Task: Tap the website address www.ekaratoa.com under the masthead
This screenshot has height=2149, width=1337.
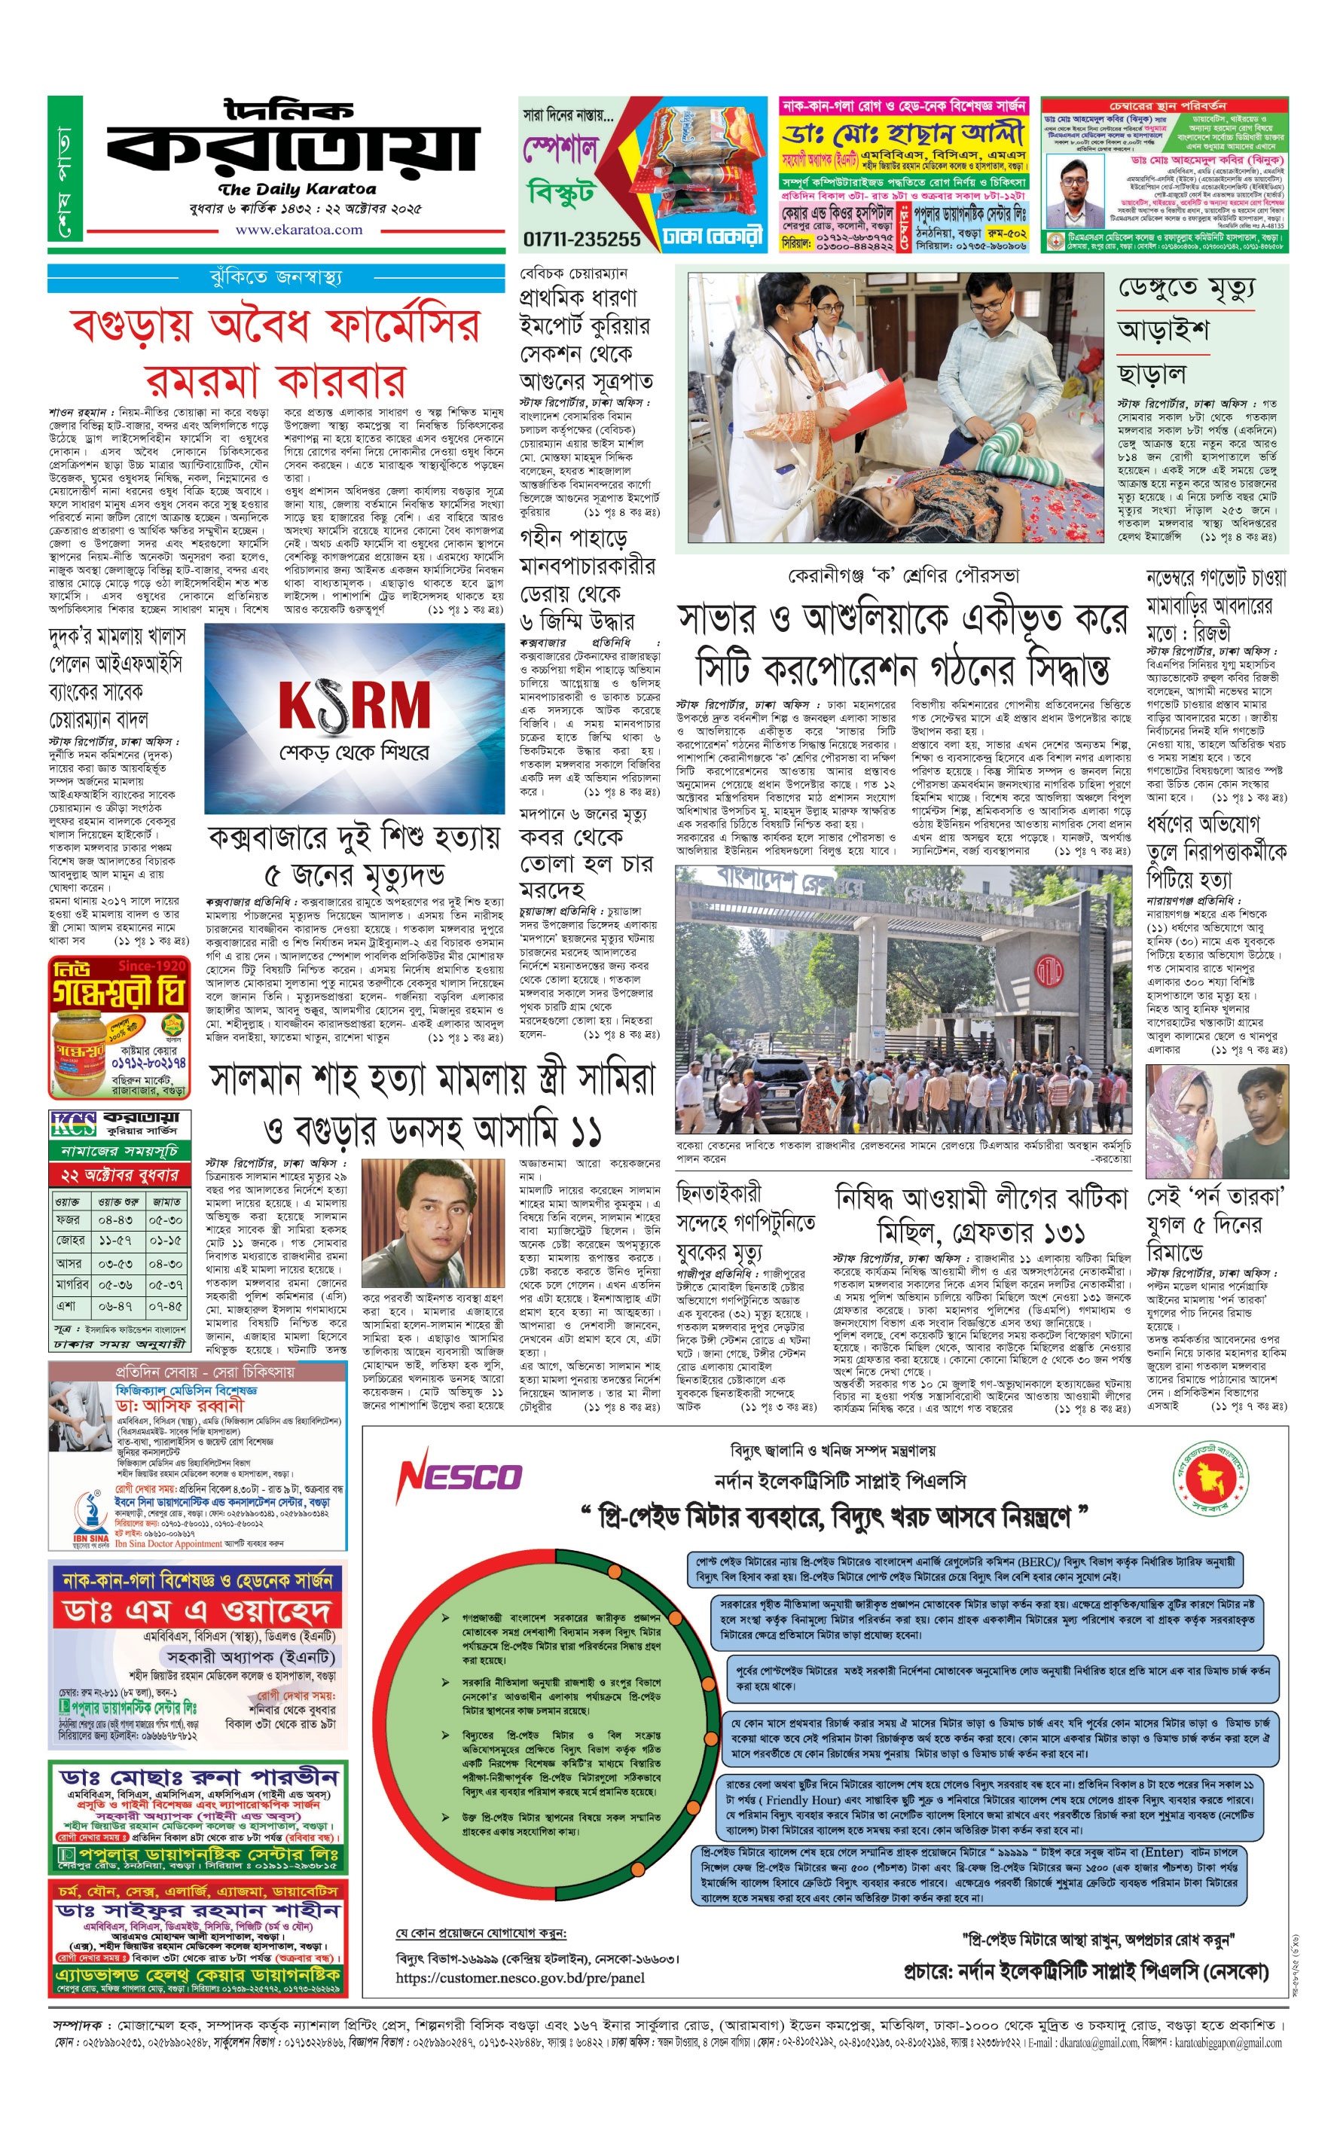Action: point(298,230)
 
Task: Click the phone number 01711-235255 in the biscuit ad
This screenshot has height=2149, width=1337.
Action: point(581,239)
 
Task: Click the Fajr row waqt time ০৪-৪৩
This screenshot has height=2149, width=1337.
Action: point(116,1221)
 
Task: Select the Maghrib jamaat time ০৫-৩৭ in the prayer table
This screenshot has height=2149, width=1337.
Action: point(166,1284)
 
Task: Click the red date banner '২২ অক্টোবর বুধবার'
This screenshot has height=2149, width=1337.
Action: point(119,1175)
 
